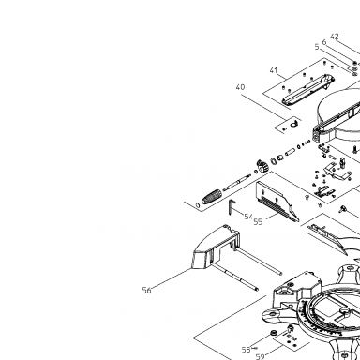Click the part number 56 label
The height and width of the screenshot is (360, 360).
(146, 290)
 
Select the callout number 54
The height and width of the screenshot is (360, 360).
(248, 217)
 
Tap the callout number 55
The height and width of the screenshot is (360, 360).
(258, 221)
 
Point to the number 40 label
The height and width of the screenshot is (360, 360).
(240, 87)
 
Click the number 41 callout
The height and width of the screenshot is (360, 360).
(274, 70)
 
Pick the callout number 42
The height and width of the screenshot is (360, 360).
(335, 37)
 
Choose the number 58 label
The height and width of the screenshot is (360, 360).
(246, 350)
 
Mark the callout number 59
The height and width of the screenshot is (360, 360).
(260, 356)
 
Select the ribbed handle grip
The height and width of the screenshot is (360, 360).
(212, 196)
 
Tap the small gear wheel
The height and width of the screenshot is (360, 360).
(262, 166)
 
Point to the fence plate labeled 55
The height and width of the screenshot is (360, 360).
(277, 202)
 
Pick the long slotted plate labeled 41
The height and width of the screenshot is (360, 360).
(307, 89)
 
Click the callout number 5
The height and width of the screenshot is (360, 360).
(317, 47)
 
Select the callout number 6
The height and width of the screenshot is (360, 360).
(324, 42)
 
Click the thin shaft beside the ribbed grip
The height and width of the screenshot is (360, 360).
(236, 183)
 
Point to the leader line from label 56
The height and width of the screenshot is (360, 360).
(172, 278)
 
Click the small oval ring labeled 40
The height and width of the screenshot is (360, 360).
(294, 124)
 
